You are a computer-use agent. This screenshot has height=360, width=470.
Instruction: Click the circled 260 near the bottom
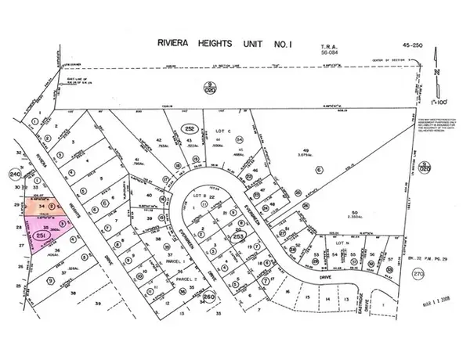[x=207, y=297]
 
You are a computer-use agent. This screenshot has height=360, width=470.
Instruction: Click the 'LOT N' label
[x=342, y=244]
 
